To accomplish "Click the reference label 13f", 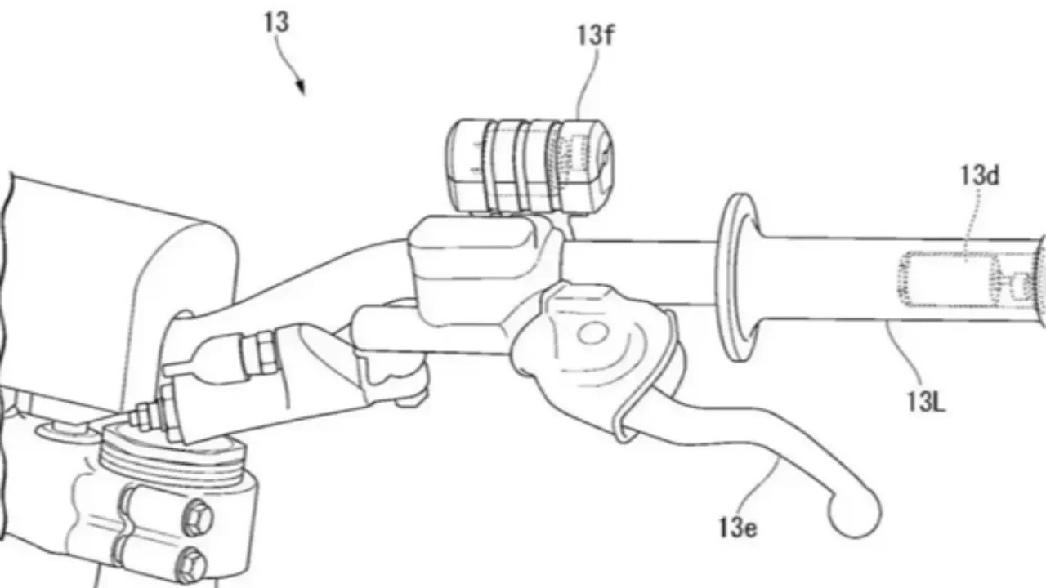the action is (596, 35).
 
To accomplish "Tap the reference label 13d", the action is (980, 176).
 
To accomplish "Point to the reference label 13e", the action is (738, 528).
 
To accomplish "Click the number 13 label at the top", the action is (276, 22).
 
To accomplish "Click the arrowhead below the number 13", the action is (301, 87).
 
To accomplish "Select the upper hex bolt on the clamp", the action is (197, 518).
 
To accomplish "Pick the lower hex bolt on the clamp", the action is (192, 566).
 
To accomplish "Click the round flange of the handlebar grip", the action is (738, 277).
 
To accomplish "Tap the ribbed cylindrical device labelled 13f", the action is (530, 167).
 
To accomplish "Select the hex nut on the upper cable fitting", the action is (264, 352).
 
